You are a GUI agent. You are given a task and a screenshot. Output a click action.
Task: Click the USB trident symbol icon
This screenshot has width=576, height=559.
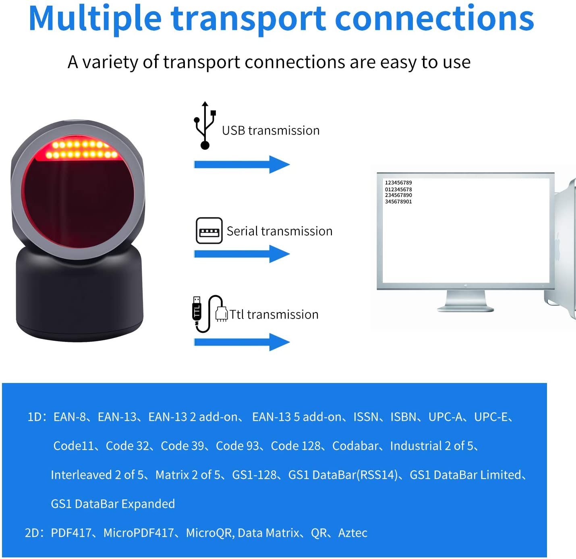coord(205,126)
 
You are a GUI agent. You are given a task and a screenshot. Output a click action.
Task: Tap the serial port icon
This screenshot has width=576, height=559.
coord(209,231)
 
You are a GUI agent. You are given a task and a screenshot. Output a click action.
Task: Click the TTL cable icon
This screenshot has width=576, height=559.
coord(208,314)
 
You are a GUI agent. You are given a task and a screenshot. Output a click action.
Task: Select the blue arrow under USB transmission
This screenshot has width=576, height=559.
coord(242,164)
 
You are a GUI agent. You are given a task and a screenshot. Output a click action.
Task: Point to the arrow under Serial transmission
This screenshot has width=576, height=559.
coord(242,254)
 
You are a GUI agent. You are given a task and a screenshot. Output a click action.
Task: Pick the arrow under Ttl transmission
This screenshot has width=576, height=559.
coord(242,342)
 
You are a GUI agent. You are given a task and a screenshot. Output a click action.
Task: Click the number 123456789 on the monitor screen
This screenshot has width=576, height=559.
coord(398,183)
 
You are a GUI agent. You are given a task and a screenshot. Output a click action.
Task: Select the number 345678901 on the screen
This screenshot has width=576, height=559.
coord(398,202)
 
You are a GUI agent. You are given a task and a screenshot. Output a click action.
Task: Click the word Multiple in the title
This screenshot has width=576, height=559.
coord(95,19)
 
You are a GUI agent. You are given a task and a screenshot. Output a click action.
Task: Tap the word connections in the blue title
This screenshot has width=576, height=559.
coord(434,19)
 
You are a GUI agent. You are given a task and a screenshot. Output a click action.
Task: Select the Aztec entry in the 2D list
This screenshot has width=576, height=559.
coord(353,533)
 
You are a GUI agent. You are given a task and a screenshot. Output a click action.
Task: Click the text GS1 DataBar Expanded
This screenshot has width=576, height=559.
coord(113,504)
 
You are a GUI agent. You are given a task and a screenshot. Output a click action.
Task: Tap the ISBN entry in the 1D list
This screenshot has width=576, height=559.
coord(403,417)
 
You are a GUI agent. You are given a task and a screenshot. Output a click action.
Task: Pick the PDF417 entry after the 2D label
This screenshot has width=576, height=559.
coord(71,533)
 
